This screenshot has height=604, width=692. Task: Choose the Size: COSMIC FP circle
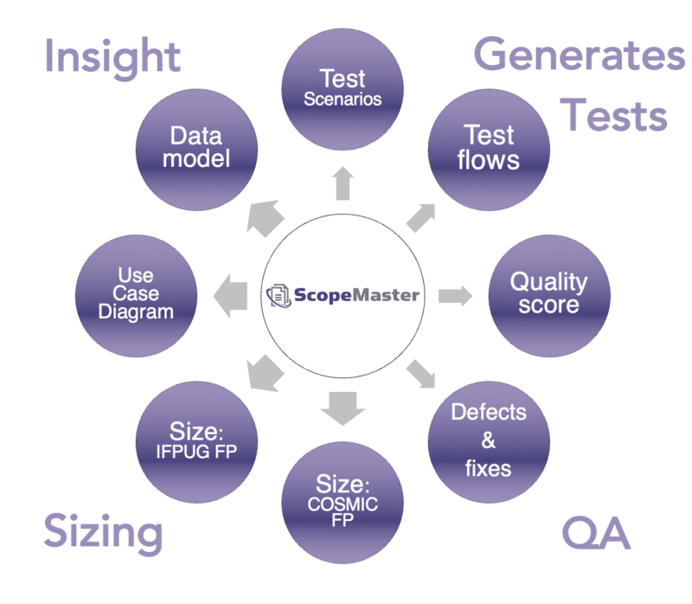[343, 503]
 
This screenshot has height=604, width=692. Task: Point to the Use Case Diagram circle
[137, 295]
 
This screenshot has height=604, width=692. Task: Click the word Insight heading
[112, 57]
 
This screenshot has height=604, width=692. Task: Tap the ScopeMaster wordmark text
[356, 295]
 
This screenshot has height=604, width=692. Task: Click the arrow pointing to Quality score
[455, 295]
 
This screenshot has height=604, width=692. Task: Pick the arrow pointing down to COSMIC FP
[343, 407]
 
